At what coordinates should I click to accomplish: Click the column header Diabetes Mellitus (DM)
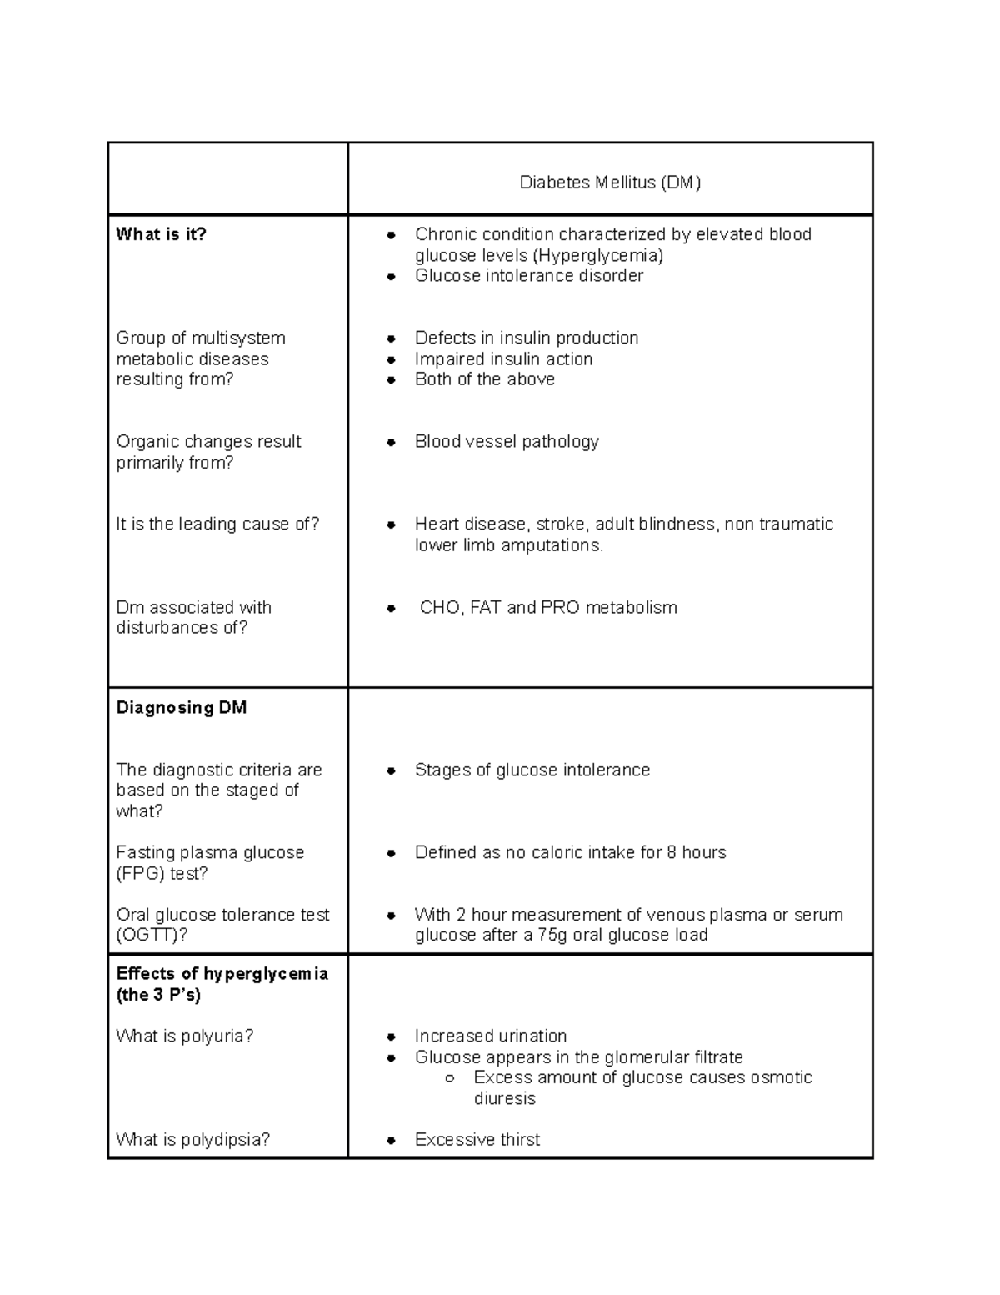point(610,183)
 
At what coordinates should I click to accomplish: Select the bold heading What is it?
point(161,234)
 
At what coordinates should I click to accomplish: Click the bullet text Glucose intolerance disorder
point(528,276)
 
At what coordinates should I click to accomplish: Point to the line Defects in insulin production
point(527,338)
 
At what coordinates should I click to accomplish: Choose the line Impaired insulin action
point(503,359)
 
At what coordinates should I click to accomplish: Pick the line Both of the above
point(484,379)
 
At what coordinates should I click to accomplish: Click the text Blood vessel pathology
point(507,441)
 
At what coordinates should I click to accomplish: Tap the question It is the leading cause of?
point(217,524)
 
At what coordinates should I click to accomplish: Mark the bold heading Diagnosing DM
point(182,708)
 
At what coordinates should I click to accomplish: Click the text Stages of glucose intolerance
point(532,770)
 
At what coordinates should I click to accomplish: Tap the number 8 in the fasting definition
point(672,852)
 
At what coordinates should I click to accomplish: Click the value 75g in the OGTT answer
point(552,935)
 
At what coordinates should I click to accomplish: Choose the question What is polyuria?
point(184,1036)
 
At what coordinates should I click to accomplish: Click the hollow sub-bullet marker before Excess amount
point(450,1078)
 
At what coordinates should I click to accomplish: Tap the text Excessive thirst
point(477,1139)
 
